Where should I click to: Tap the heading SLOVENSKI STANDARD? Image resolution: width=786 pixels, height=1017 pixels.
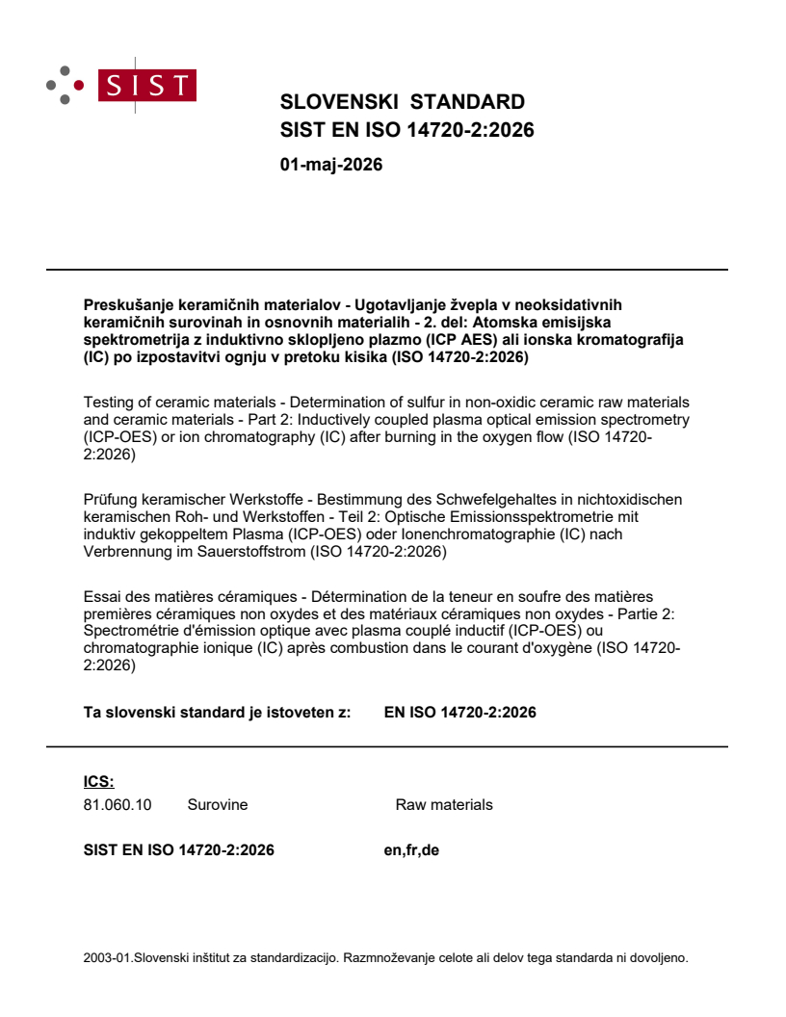click(402, 102)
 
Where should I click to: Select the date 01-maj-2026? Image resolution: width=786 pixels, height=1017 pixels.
click(330, 165)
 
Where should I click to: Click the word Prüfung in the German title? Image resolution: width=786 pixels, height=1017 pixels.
click(110, 499)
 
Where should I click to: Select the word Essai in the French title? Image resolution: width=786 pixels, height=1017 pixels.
click(103, 597)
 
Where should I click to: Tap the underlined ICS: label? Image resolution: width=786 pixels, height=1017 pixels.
click(99, 781)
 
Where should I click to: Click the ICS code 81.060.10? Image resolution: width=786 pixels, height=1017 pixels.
click(118, 805)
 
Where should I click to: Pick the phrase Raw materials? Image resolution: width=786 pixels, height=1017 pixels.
click(444, 805)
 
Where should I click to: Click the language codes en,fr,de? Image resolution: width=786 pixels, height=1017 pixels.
click(411, 850)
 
